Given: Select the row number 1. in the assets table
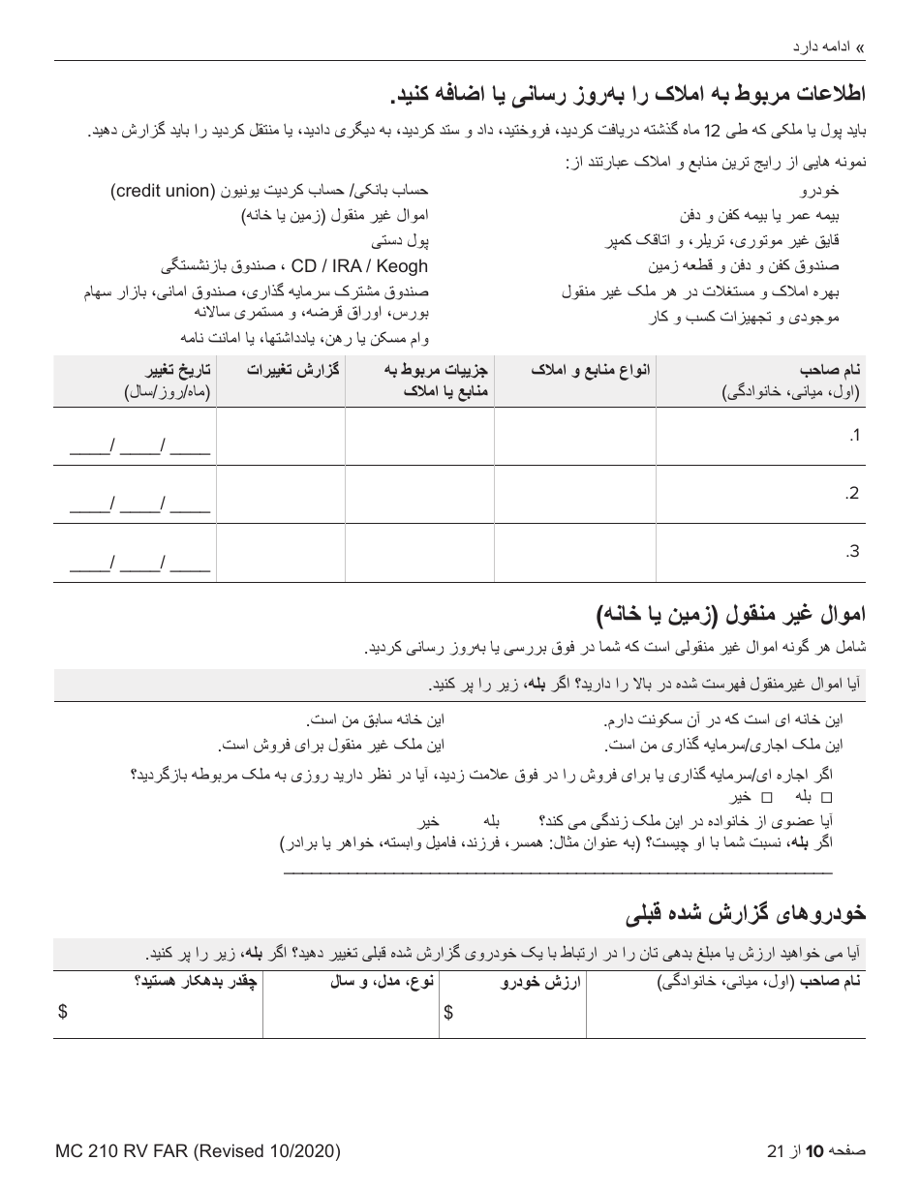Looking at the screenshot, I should tap(853, 436).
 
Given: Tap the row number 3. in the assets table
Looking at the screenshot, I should tap(852, 552).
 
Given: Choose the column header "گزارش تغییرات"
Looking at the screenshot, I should tap(292, 370).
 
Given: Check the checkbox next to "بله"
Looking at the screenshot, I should tap(826, 797).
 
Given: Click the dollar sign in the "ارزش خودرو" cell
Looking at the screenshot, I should tap(448, 1013).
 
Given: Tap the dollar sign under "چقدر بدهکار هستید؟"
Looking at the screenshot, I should tap(63, 1013).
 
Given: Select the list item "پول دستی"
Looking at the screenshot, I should tap(401, 240).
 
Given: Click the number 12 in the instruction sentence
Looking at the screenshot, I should tap(712, 131).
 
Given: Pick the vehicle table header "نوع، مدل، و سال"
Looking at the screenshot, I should tap(381, 983).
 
